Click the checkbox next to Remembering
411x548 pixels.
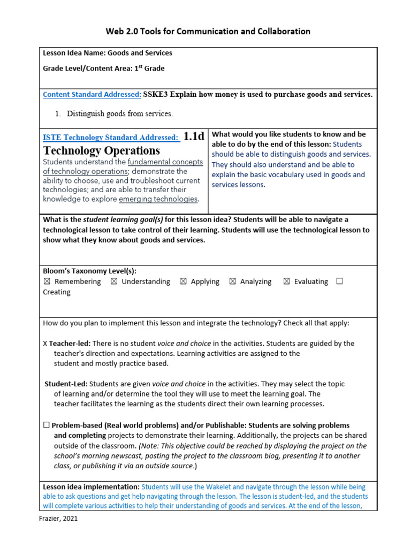[x=47, y=281]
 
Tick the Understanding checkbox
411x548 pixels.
[x=113, y=281]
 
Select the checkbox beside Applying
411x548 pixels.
[x=183, y=281]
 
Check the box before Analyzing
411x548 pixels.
[x=232, y=281]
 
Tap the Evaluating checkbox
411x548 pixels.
[x=286, y=281]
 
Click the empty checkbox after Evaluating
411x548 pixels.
[x=339, y=281]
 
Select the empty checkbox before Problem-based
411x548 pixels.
[x=47, y=425]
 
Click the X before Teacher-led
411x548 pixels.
[x=45, y=344]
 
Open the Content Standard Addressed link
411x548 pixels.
[x=92, y=95]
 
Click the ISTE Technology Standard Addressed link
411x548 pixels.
[x=111, y=138]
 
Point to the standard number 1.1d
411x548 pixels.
[x=194, y=136]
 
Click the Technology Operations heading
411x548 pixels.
[x=101, y=150]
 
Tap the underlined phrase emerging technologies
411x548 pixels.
[x=158, y=199]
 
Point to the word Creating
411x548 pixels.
[x=56, y=292]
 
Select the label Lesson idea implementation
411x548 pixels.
[x=90, y=487]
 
